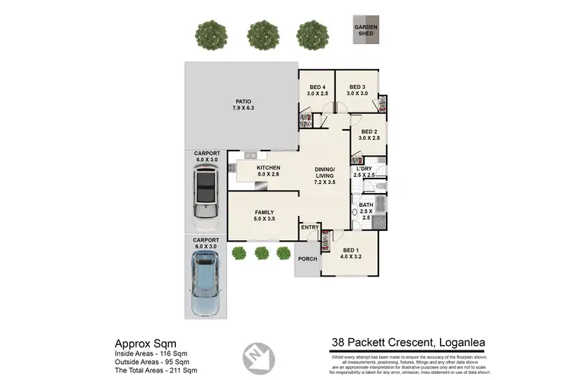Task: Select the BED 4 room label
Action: [x=316, y=90]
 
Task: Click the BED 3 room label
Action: [x=358, y=90]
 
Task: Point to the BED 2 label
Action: [x=368, y=135]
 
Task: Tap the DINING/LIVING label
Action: [x=325, y=176]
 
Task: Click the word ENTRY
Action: [x=309, y=227]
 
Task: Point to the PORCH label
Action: [x=307, y=259]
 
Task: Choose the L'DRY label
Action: [x=364, y=171]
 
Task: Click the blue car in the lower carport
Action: [x=205, y=284]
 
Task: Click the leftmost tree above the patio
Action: [x=210, y=33]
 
